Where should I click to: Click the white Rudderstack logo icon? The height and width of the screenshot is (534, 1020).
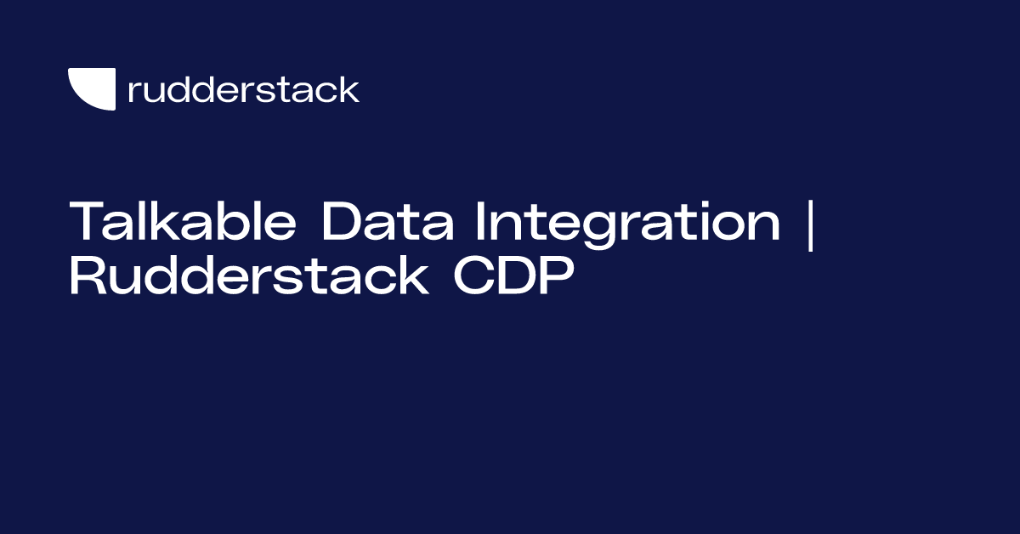click(x=92, y=89)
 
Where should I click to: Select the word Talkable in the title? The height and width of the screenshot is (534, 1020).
click(x=184, y=223)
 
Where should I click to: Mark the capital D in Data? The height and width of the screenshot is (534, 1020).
click(x=338, y=223)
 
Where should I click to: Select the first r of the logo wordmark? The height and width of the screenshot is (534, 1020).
click(x=133, y=93)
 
